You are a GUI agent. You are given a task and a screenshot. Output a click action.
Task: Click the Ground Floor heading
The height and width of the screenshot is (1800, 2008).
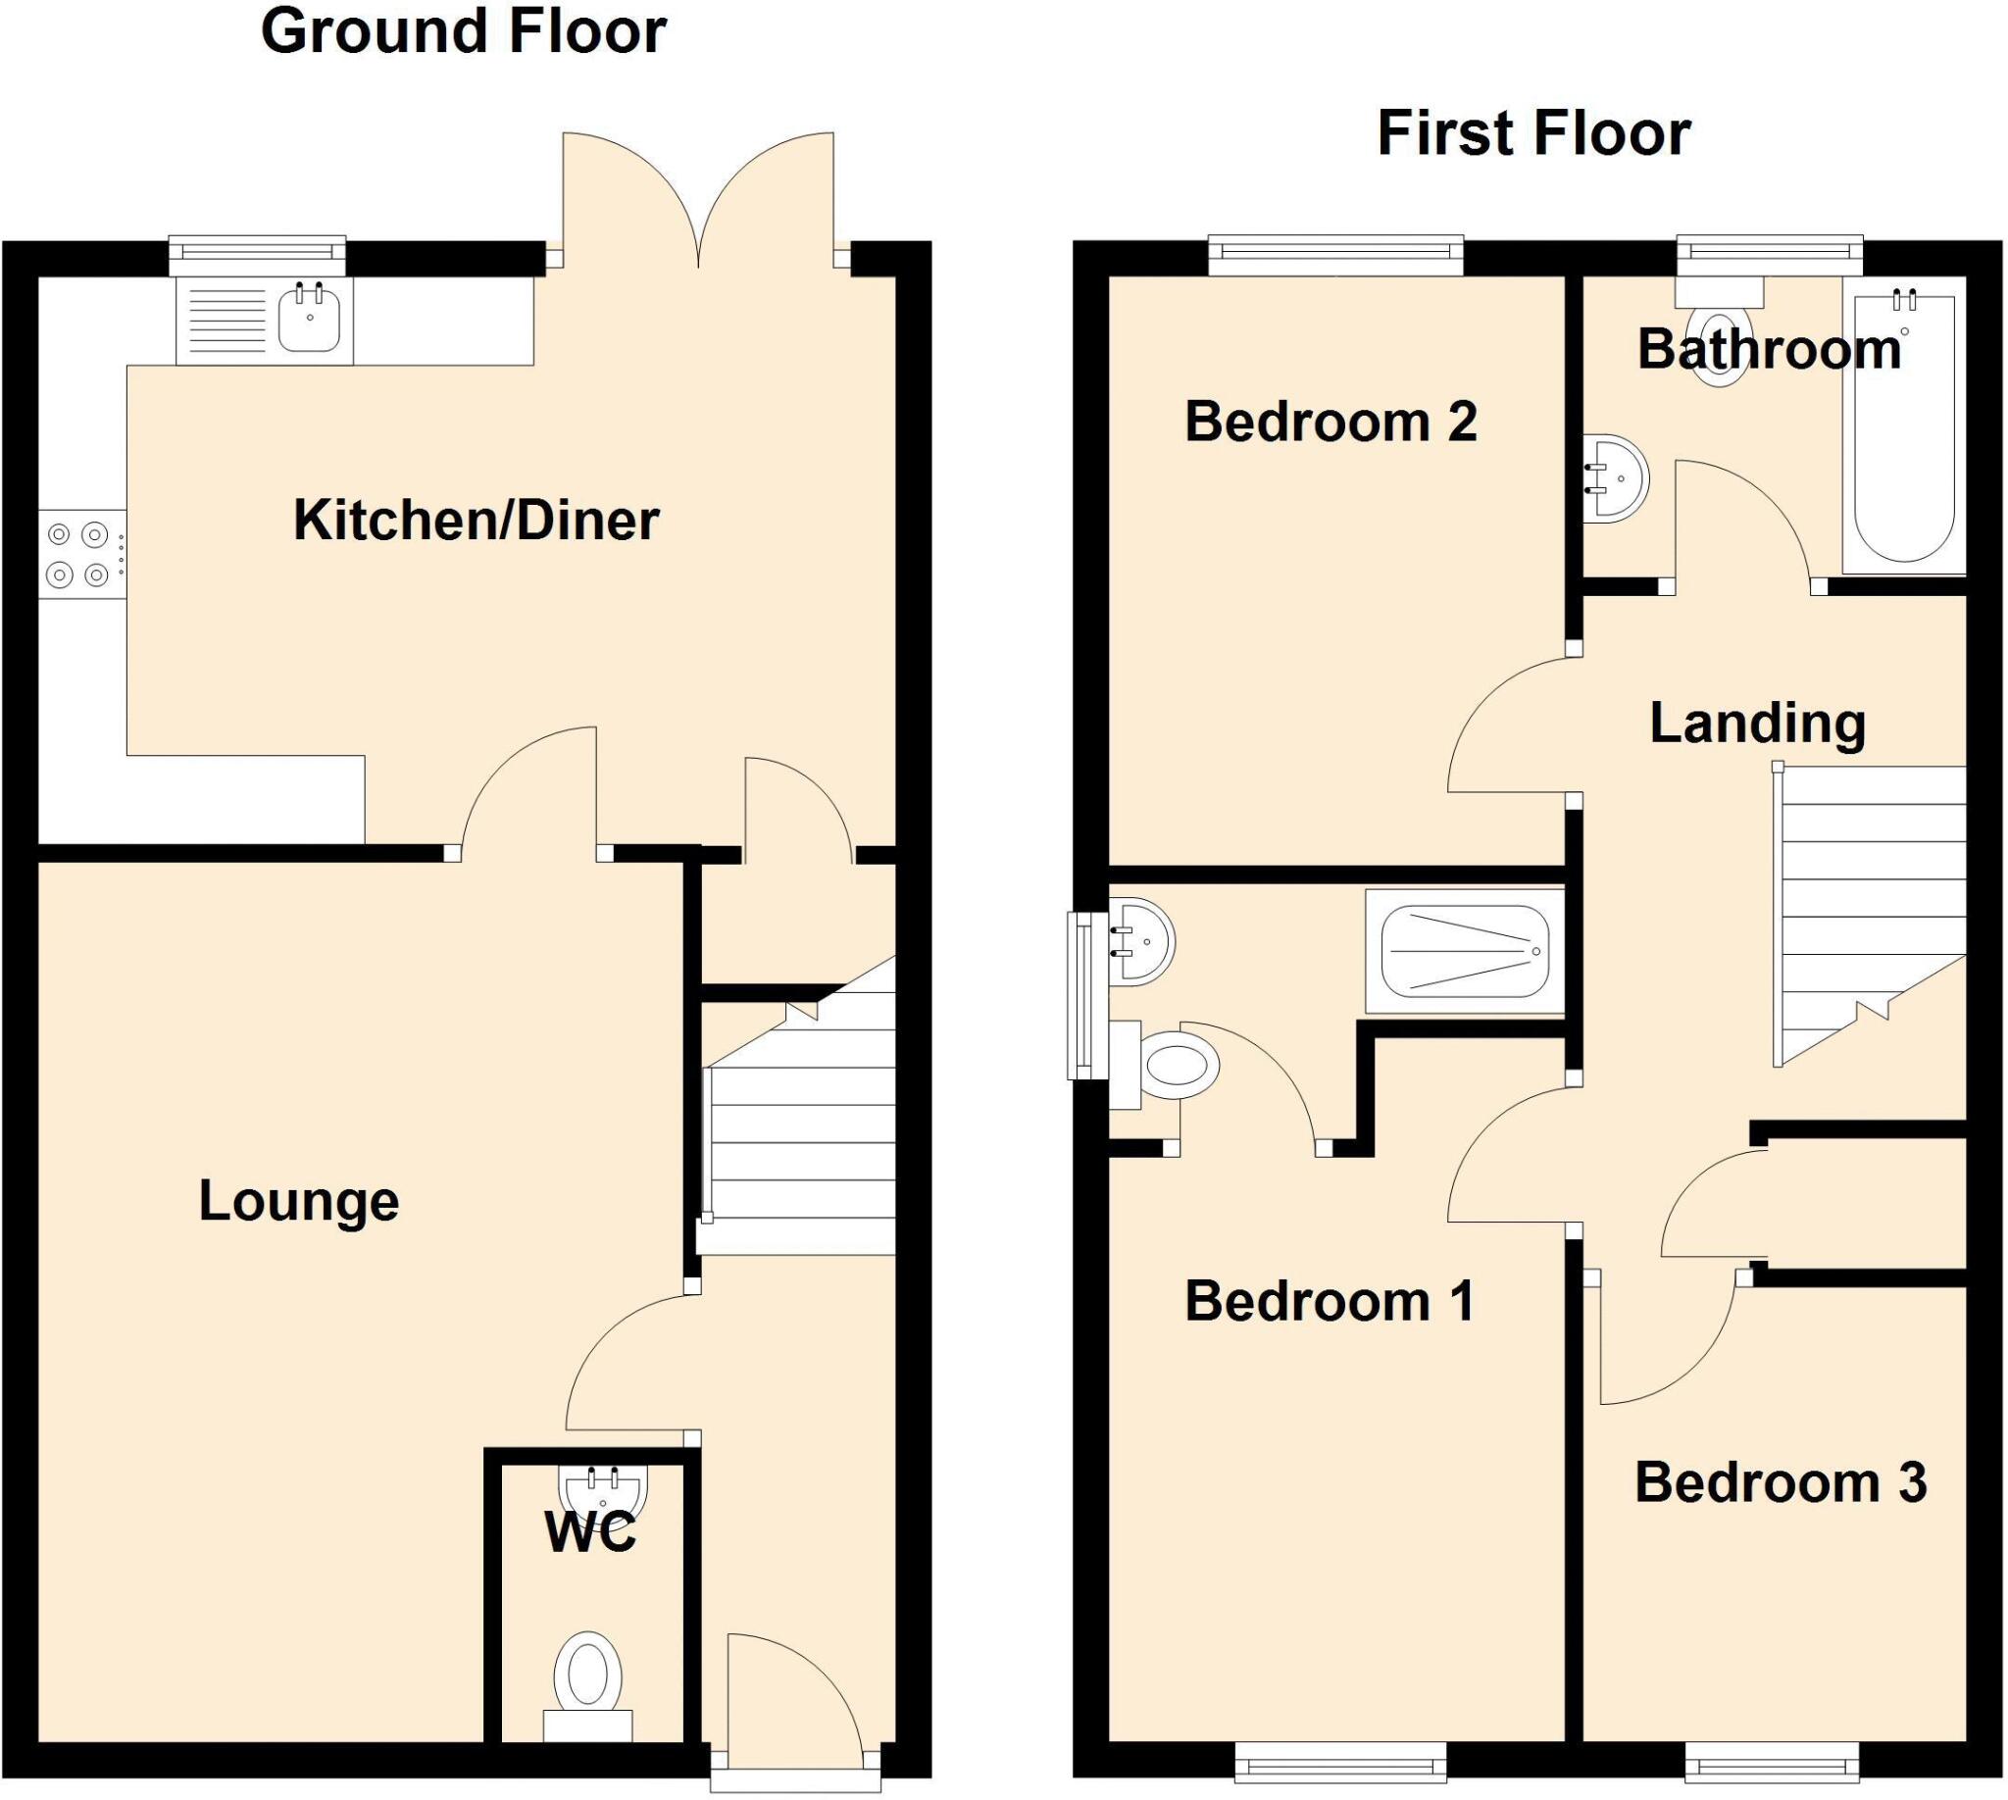(463, 32)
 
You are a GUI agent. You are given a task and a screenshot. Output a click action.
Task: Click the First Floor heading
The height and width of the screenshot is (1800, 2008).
(1533, 134)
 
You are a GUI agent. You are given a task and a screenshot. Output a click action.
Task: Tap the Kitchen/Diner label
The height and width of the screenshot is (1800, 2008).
(476, 522)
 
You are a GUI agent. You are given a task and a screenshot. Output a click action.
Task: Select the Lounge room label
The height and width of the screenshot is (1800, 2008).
(299, 1202)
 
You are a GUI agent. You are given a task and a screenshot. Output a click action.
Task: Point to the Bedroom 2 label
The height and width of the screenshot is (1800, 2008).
(1330, 423)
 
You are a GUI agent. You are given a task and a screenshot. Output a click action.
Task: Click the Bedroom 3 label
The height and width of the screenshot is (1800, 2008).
(1781, 1482)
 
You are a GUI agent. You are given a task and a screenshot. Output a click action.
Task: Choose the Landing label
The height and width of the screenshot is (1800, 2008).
(1758, 724)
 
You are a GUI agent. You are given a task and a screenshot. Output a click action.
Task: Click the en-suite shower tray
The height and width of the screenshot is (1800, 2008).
(1464, 951)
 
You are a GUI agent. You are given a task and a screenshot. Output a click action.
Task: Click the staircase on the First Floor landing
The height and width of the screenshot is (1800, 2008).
(1870, 910)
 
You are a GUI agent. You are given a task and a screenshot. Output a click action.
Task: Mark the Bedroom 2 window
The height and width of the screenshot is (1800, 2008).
(1335, 254)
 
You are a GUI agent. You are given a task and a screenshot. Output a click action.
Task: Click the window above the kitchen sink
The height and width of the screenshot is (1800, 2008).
(257, 254)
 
